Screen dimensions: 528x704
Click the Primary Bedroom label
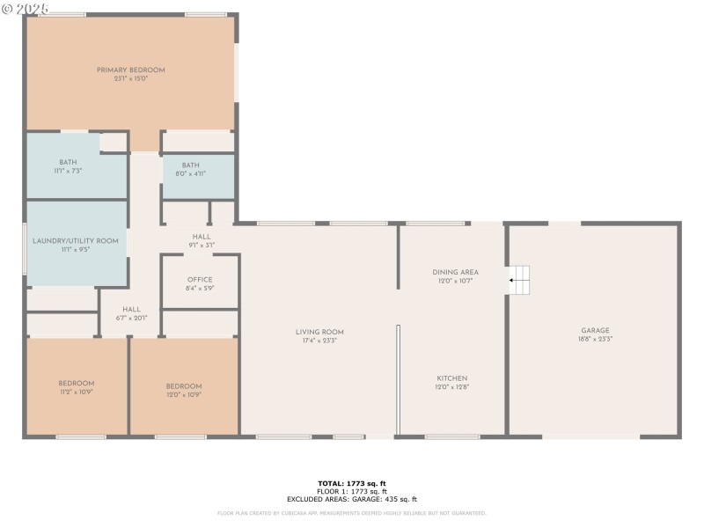130,70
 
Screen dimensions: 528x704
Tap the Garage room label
595,331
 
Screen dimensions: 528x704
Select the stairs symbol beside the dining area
521,280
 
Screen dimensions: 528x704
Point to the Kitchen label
452,378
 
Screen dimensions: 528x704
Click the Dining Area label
455,273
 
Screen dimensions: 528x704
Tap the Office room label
200,280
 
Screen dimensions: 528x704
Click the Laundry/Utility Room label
75,240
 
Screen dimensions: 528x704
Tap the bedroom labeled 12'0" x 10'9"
184,387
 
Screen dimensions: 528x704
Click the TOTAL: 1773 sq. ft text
352,483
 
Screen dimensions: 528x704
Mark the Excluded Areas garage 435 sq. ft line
352,499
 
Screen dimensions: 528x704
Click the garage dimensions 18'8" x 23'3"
595,339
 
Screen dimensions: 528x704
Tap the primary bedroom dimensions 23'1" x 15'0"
130,78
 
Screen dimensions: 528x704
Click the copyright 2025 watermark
25,7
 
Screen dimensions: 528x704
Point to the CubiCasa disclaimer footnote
352,513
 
